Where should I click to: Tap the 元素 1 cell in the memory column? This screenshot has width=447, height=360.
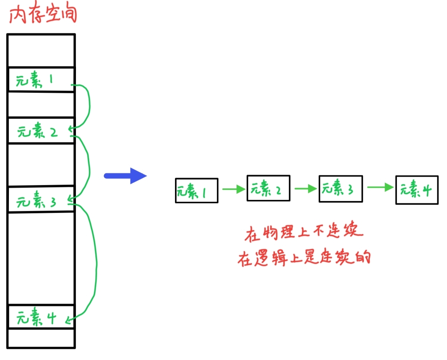pos(41,80)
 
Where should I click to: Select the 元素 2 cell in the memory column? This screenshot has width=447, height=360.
pos(41,131)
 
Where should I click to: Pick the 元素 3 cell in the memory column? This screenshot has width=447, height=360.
pos(41,200)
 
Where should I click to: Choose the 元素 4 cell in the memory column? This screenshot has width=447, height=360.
pos(41,317)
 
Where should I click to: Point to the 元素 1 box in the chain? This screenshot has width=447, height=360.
pos(196,191)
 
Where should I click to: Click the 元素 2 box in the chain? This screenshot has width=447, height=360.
pos(268,188)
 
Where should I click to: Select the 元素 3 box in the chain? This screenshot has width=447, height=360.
pos(340,188)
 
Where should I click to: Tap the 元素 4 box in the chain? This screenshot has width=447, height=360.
pos(417,190)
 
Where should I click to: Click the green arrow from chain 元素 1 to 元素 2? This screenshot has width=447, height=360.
pos(234,189)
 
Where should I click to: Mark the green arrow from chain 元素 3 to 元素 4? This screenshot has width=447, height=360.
pos(380,187)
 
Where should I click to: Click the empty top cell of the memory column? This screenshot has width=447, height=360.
pos(41,51)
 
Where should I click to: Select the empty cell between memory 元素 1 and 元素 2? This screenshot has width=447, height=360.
pos(41,105)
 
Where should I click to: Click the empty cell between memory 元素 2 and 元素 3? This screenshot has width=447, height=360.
pos(41,165)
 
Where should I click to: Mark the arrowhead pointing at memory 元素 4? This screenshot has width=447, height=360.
pos(69,319)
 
